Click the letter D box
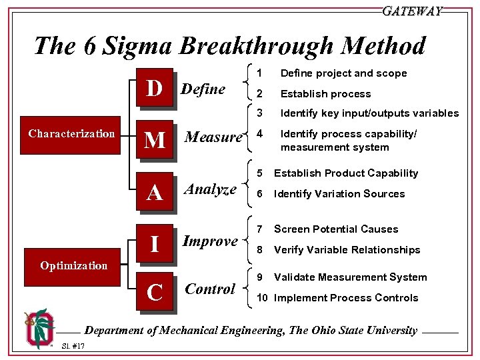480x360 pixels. [x=155, y=87]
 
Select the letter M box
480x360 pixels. [x=155, y=139]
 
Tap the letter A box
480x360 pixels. [x=155, y=192]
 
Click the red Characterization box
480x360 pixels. [x=71, y=134]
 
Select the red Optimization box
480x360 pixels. [x=73, y=265]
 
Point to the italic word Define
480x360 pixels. [x=203, y=89]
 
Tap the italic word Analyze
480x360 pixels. [x=211, y=189]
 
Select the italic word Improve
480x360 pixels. [x=211, y=241]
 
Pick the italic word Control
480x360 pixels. [x=210, y=289]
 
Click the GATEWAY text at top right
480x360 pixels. [x=412, y=11]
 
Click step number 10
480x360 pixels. [x=263, y=298]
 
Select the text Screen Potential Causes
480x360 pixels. [x=336, y=229]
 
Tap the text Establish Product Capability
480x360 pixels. [x=346, y=173]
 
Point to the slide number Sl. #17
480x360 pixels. [x=73, y=346]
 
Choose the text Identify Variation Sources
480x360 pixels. [x=339, y=194]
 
